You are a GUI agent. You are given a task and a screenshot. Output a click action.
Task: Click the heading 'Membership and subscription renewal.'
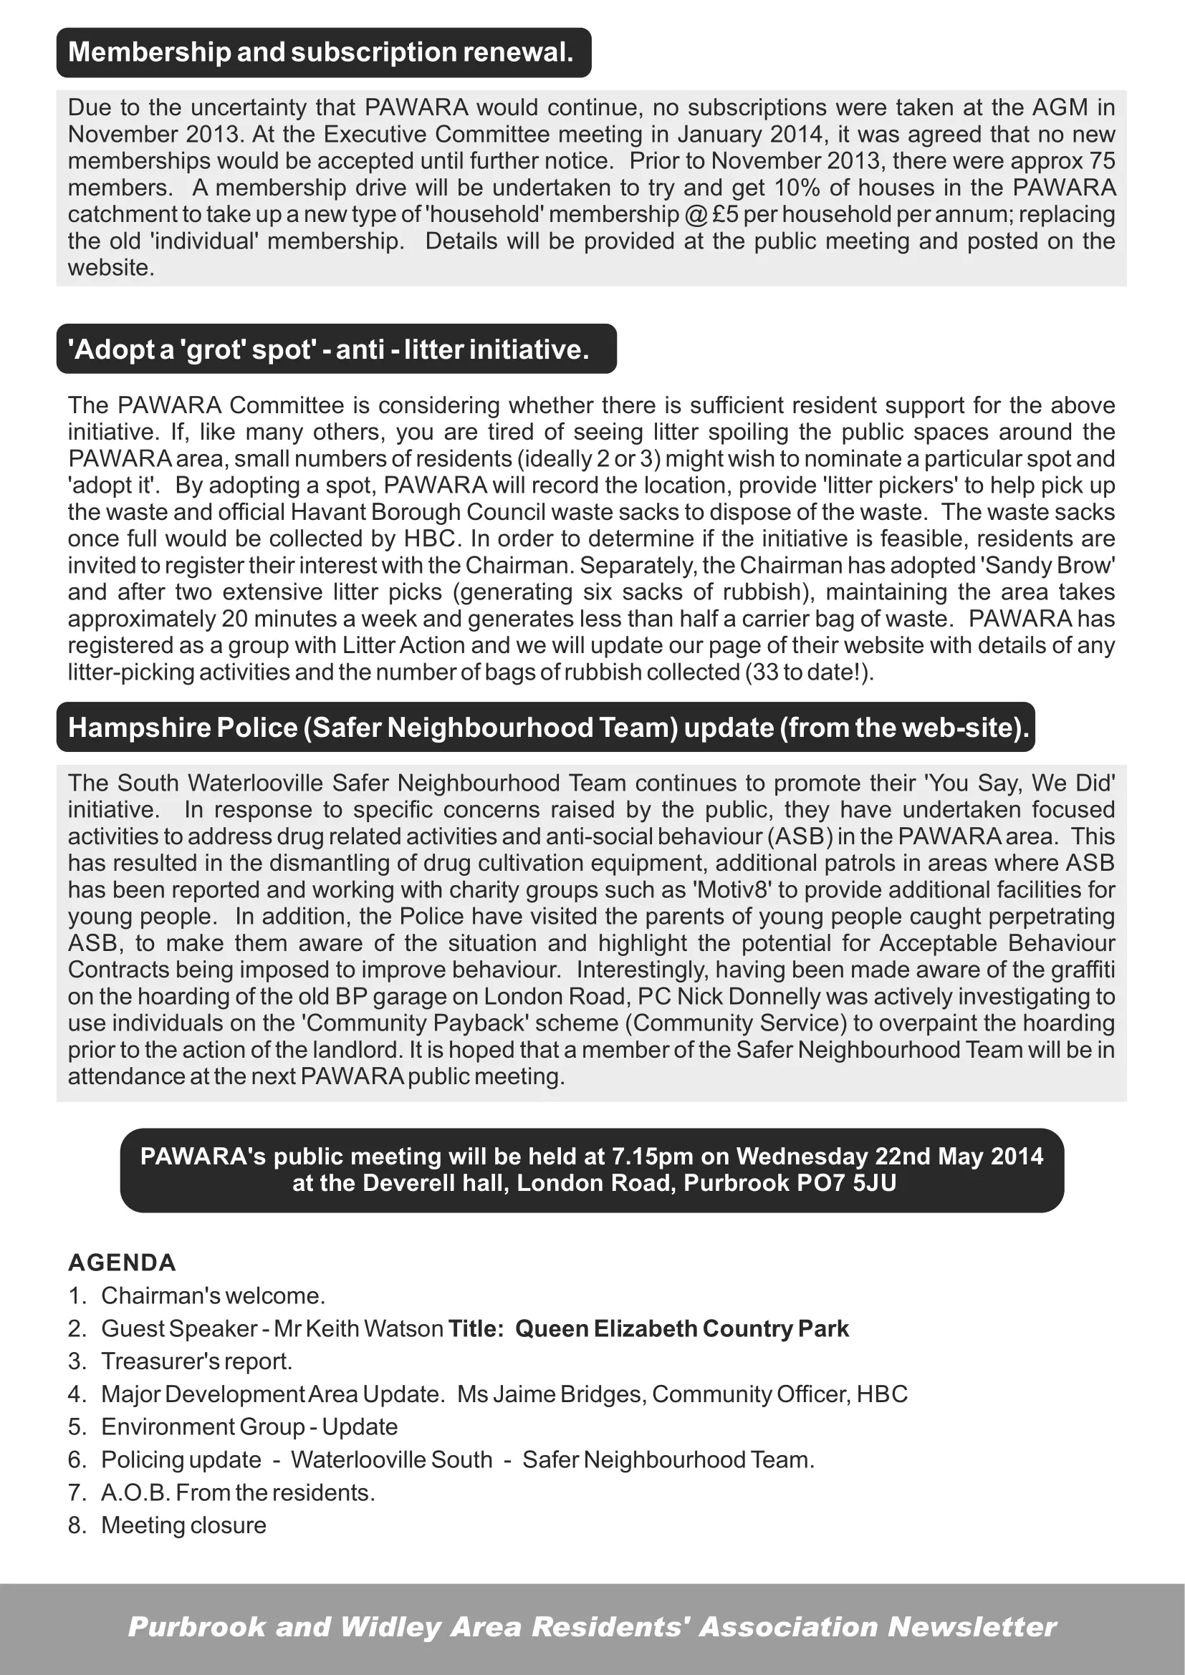click(x=321, y=52)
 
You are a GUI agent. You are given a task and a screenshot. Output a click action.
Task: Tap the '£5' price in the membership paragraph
click(x=725, y=215)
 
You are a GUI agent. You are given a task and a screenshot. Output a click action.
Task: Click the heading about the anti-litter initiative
click(x=328, y=349)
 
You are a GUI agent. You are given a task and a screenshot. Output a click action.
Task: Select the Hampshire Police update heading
click(x=547, y=728)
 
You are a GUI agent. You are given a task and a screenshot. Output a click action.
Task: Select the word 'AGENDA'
click(x=122, y=1263)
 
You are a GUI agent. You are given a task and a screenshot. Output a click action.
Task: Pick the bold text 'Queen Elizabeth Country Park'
click(x=681, y=1328)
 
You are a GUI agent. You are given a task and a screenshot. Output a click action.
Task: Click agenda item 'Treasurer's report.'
click(x=196, y=1361)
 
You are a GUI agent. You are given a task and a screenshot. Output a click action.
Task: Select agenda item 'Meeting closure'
click(x=183, y=1525)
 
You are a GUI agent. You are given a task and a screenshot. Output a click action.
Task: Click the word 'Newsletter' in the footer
click(x=972, y=1627)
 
